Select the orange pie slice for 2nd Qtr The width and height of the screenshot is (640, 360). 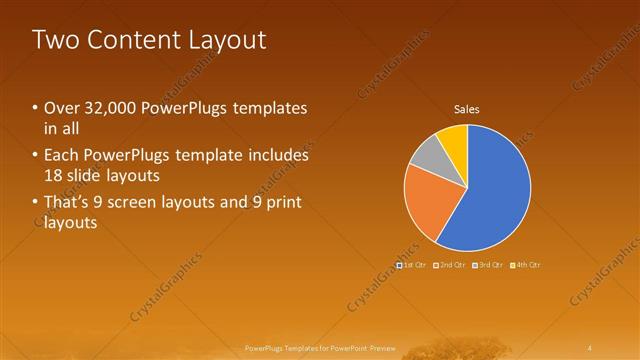tap(428, 200)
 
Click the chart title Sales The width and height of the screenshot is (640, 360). tap(467, 109)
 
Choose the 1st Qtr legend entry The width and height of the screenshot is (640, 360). tap(413, 265)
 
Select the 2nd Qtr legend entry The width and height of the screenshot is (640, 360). tap(450, 265)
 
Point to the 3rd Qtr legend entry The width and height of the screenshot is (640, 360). tap(488, 265)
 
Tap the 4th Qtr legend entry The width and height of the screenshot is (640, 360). tap(526, 265)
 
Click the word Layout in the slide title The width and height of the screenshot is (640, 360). tap(233, 40)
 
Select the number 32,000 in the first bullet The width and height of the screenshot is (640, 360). tap(107, 108)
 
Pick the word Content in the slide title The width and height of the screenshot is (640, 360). tap(137, 40)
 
